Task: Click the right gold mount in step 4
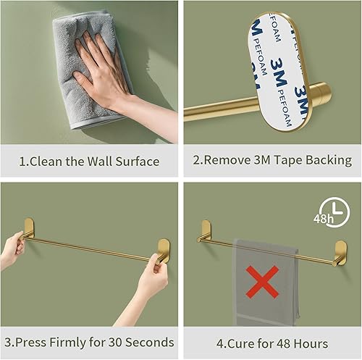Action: tap(339, 251)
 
